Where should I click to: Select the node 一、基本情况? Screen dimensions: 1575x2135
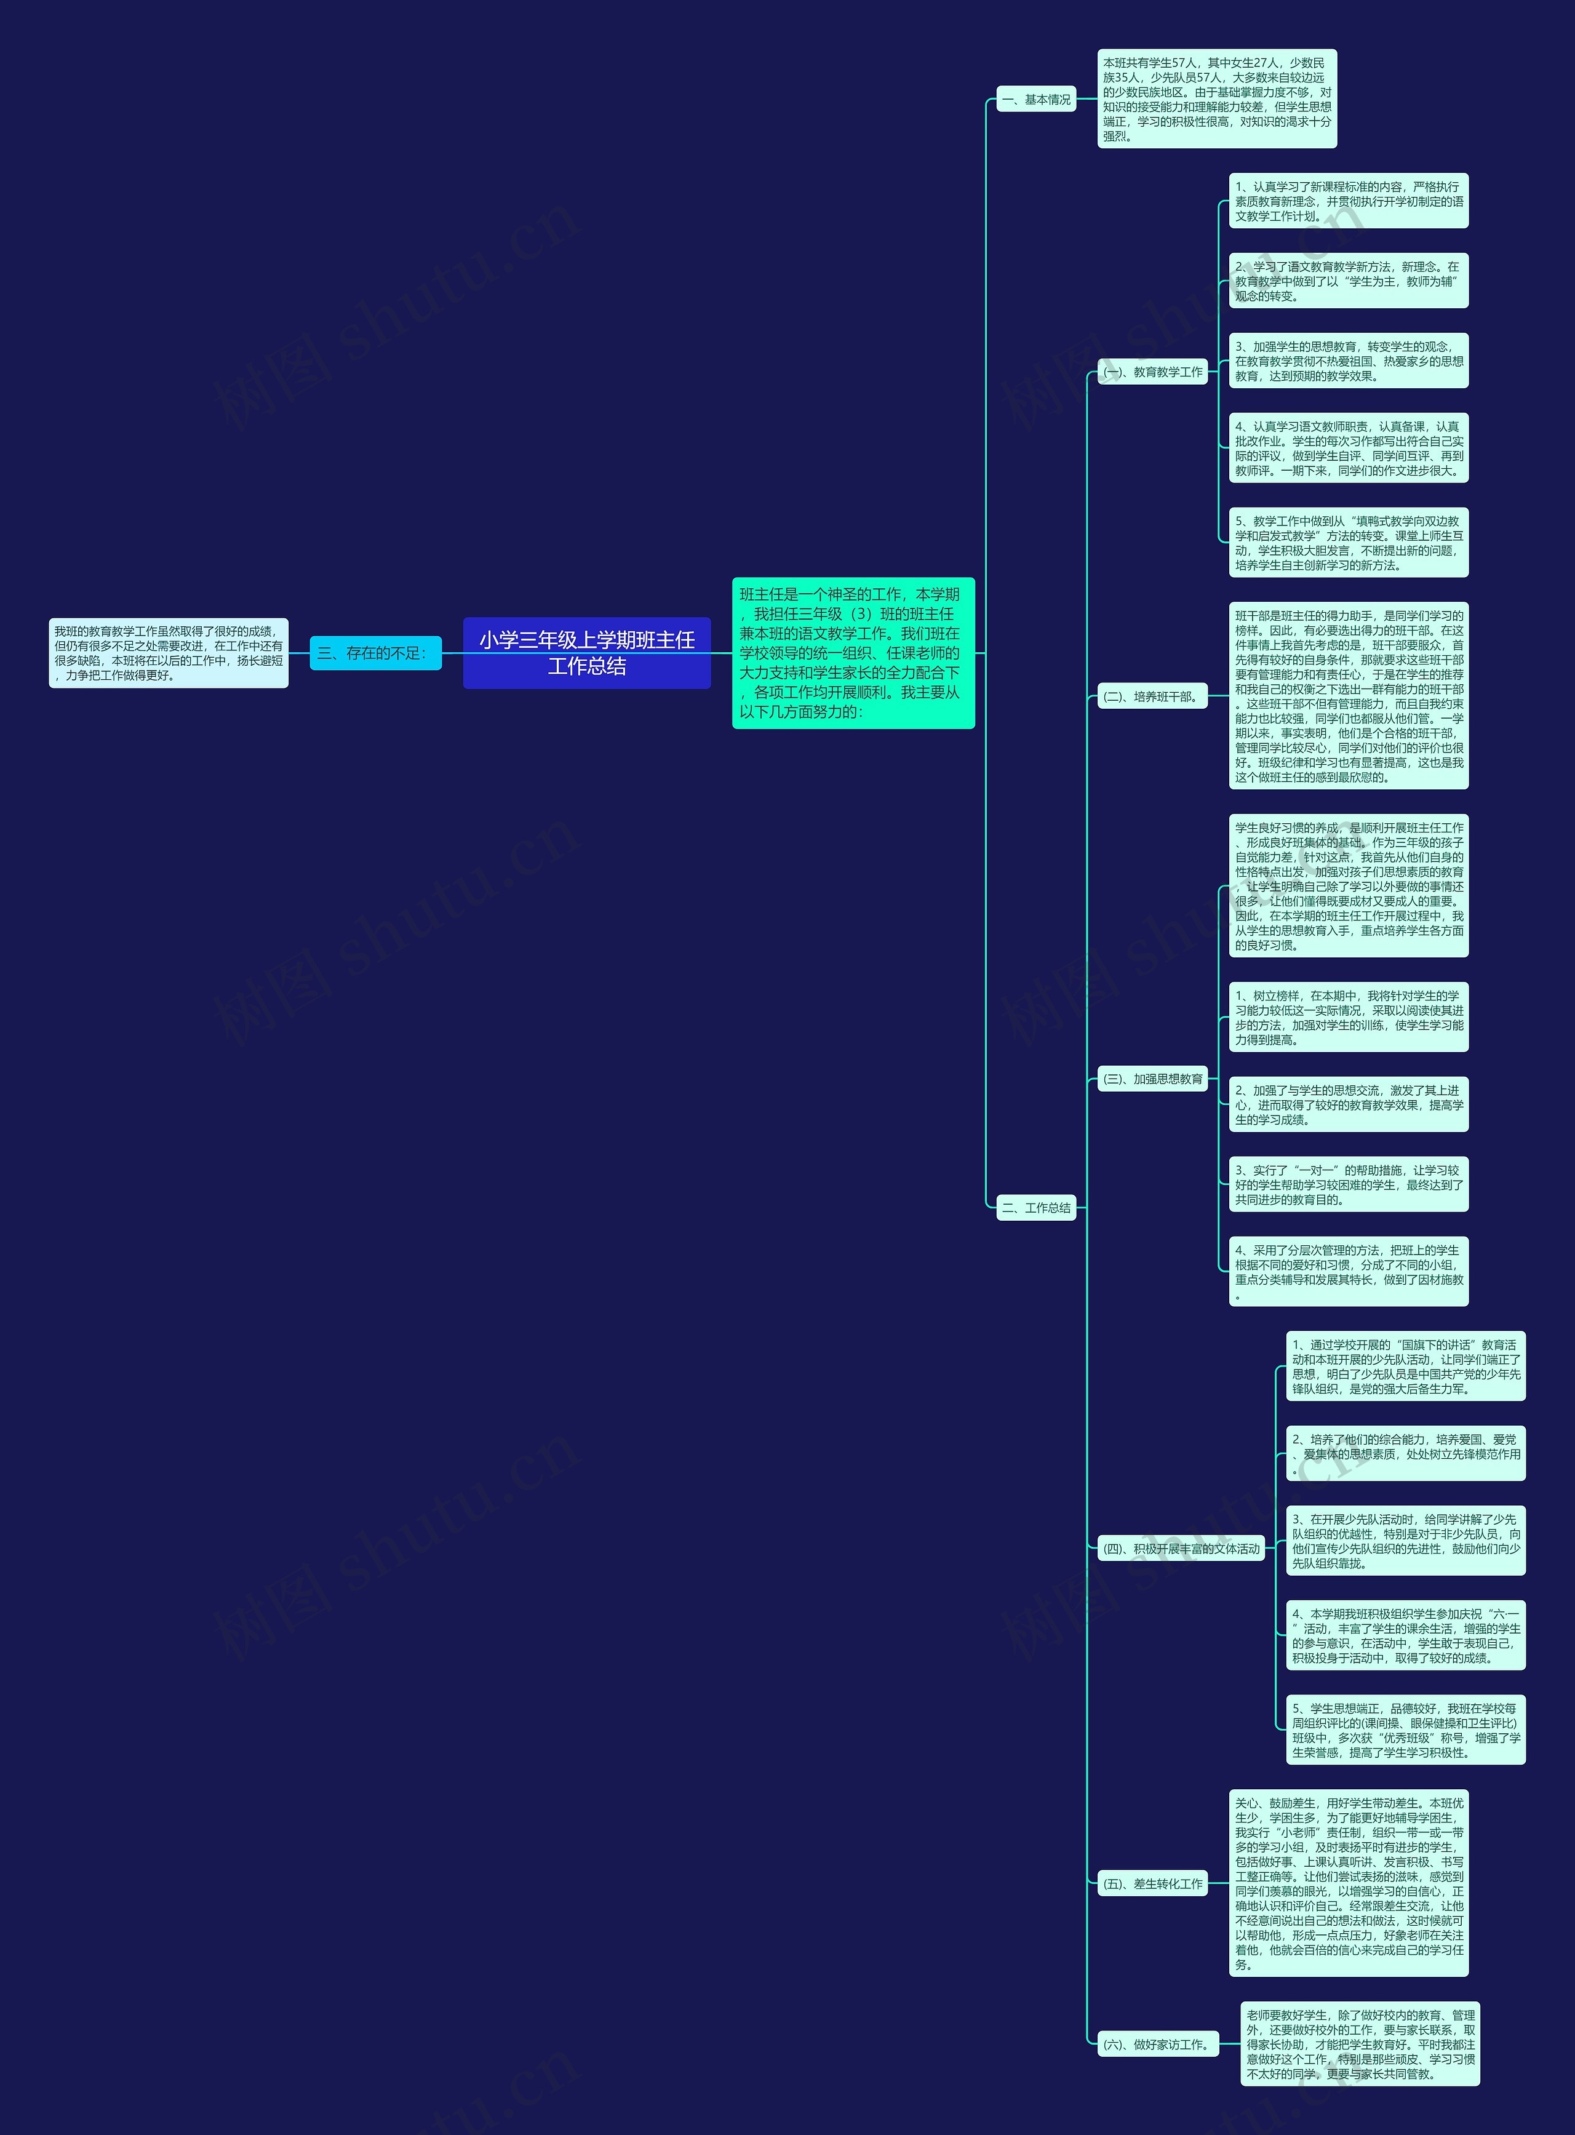pos(1036,99)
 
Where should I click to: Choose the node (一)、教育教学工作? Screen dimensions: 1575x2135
pos(1153,372)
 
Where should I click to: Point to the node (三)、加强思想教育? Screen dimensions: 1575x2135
pos(1153,1079)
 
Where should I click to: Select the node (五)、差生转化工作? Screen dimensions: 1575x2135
pos(1153,1883)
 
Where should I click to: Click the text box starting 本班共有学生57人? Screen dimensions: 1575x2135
pos(1216,99)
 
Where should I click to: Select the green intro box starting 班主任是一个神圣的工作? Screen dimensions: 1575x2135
pos(853,653)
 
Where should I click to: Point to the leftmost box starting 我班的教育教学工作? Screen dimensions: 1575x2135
pos(169,653)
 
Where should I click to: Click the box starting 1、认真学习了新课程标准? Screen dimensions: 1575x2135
pos(1348,201)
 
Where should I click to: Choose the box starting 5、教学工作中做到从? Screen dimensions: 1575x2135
pos(1348,543)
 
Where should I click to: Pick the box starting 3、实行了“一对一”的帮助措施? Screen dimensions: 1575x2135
pos(1348,1184)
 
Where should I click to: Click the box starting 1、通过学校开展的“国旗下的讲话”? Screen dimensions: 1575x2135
pos(1405,1367)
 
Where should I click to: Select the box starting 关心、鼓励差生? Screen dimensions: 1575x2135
pos(1348,1883)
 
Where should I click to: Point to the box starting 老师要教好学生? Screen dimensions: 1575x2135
pos(1360,2045)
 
